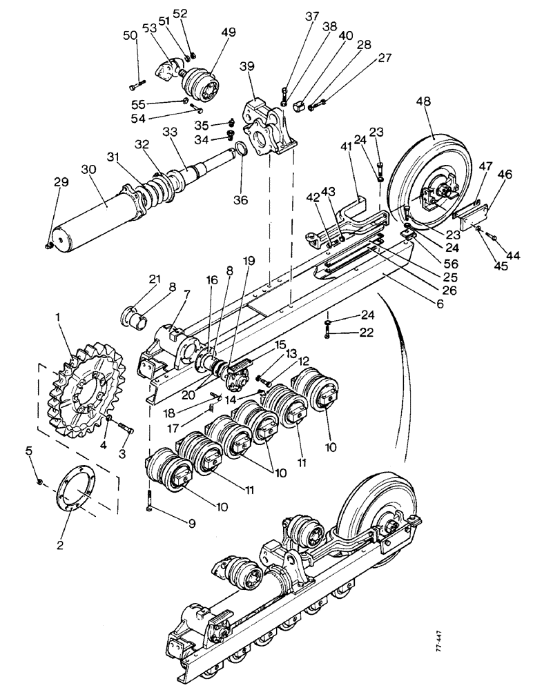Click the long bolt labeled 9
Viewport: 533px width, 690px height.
click(x=150, y=500)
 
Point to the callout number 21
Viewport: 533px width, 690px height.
click(x=154, y=278)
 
